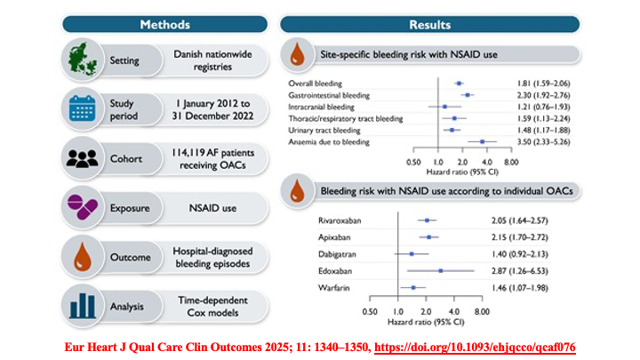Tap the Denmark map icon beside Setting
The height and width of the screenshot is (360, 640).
click(87, 61)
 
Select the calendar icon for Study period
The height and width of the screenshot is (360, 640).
click(87, 109)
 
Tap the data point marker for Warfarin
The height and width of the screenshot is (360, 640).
click(413, 288)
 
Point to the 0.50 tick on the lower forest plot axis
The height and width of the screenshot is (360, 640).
click(370, 312)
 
